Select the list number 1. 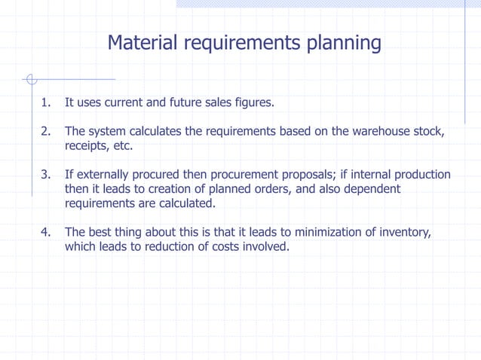pyautogui.click(x=46, y=102)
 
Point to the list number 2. pyautogui.click(x=46, y=132)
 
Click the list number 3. pyautogui.click(x=46, y=175)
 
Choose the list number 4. pyautogui.click(x=46, y=232)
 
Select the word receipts pyautogui.click(x=85, y=145)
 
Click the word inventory pyautogui.click(x=403, y=232)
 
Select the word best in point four pyautogui.click(x=102, y=232)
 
